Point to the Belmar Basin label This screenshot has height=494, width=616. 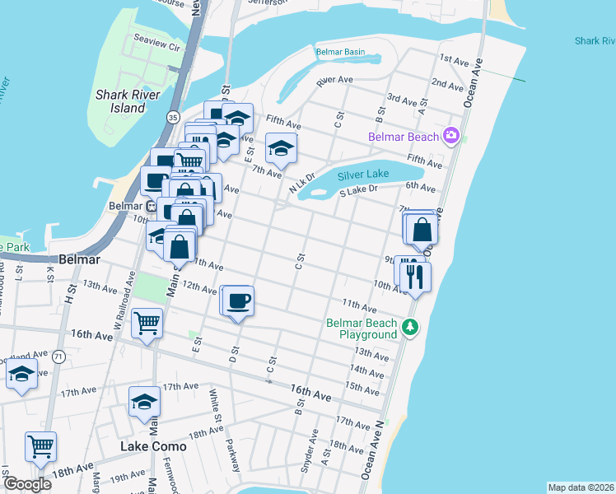[x=340, y=52]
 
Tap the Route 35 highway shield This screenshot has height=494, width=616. [x=172, y=118]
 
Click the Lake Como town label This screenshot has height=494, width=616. [x=153, y=446]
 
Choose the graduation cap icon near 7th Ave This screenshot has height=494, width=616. [x=281, y=148]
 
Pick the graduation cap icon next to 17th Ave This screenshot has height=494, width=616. [x=144, y=402]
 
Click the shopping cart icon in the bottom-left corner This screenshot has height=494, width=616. [x=40, y=447]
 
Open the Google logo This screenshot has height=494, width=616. [x=27, y=484]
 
